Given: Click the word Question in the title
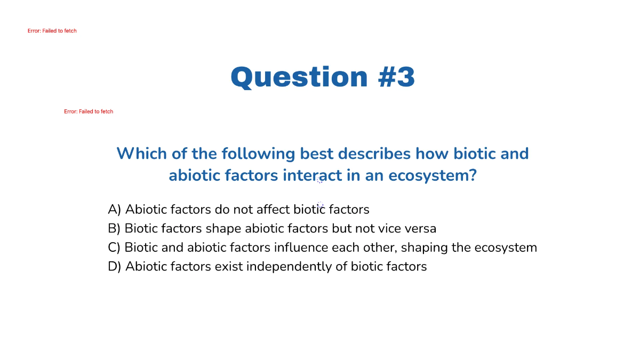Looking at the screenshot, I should click(x=299, y=77).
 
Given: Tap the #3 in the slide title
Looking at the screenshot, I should click(x=396, y=77).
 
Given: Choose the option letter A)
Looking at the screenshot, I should click(x=115, y=210).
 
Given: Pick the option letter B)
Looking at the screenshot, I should click(x=114, y=229).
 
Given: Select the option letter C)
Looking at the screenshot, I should click(x=114, y=248).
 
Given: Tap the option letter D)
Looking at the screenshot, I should click(x=115, y=267).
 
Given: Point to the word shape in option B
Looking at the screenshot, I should click(x=223, y=229).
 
